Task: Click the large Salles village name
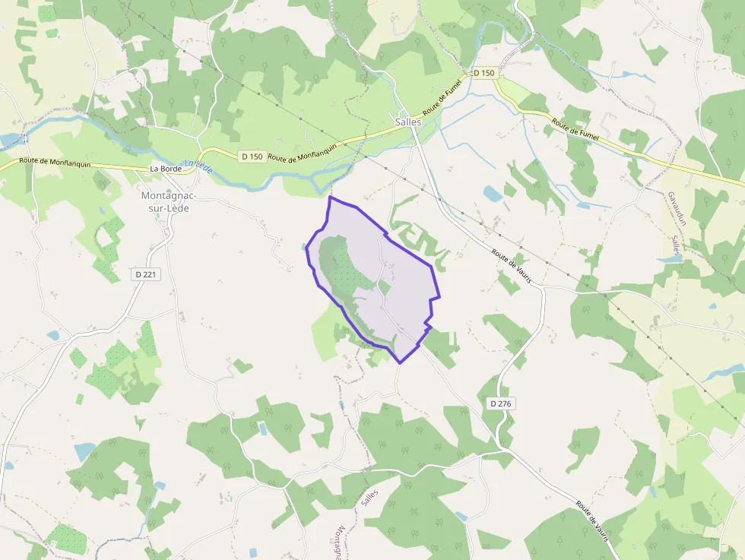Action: point(408,122)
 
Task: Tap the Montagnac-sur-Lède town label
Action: point(169,201)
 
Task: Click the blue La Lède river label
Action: point(199,166)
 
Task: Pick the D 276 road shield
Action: point(500,403)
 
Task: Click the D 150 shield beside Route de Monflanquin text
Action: point(251,157)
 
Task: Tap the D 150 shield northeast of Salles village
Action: point(483,73)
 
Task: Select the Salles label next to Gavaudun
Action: point(675,248)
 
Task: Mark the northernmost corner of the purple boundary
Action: point(330,198)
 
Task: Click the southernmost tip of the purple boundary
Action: point(400,362)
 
